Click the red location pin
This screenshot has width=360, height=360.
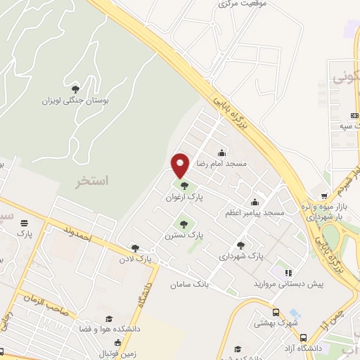click(181, 165)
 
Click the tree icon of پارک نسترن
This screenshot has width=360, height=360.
click(184, 224)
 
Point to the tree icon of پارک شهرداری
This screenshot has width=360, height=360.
click(241, 245)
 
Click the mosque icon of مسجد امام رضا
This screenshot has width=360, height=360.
click(222, 153)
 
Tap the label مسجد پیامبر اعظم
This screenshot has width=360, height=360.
click(255, 212)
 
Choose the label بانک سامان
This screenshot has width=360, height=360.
click(186, 285)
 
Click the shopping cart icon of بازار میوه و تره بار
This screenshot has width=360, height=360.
click(324, 197)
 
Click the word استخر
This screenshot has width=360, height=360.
click(93, 181)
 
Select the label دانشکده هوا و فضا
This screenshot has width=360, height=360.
click(140, 329)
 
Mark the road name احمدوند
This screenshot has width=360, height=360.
click(77, 235)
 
